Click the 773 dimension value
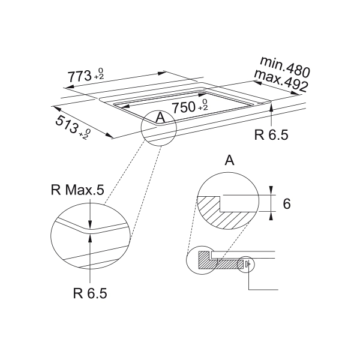tap(79, 76)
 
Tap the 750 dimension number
tap(184, 107)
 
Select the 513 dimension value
tap(67, 124)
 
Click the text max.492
tap(281, 81)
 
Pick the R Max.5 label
tap(77, 190)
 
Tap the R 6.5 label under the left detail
tap(90, 293)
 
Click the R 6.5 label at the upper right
tap(271, 135)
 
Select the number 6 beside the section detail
tap(287, 203)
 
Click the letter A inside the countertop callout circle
tap(160, 118)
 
